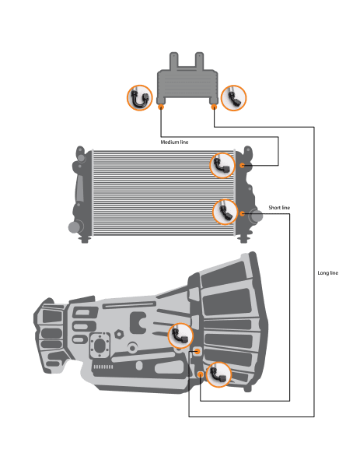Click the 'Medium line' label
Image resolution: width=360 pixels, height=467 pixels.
point(174,142)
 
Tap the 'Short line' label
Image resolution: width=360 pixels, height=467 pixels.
point(279,208)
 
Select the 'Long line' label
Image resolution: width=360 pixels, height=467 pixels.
point(328,273)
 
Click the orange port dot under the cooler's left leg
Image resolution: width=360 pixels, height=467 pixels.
point(161,107)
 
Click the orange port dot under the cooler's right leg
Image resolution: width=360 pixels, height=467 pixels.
point(214,107)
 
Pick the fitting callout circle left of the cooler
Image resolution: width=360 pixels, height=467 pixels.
point(139,98)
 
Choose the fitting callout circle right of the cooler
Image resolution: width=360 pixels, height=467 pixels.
point(234,98)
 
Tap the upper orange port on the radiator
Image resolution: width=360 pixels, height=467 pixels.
point(242,165)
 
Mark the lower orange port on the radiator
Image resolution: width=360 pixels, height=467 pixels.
point(242,213)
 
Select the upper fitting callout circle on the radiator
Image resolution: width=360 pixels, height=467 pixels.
point(222,166)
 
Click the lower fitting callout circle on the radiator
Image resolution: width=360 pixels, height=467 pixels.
point(225,212)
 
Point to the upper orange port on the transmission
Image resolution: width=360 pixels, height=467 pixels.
point(197,352)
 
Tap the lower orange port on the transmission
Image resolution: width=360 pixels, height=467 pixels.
point(201,374)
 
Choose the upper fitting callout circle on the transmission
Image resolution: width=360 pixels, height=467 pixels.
point(180,335)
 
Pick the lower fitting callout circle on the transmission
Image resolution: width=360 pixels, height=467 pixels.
point(218,374)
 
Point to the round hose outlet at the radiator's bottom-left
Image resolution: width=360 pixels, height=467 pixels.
point(75,227)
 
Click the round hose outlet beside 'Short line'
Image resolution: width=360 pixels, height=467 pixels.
point(256,216)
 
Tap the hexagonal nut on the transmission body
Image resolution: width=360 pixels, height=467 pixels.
point(119,334)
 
